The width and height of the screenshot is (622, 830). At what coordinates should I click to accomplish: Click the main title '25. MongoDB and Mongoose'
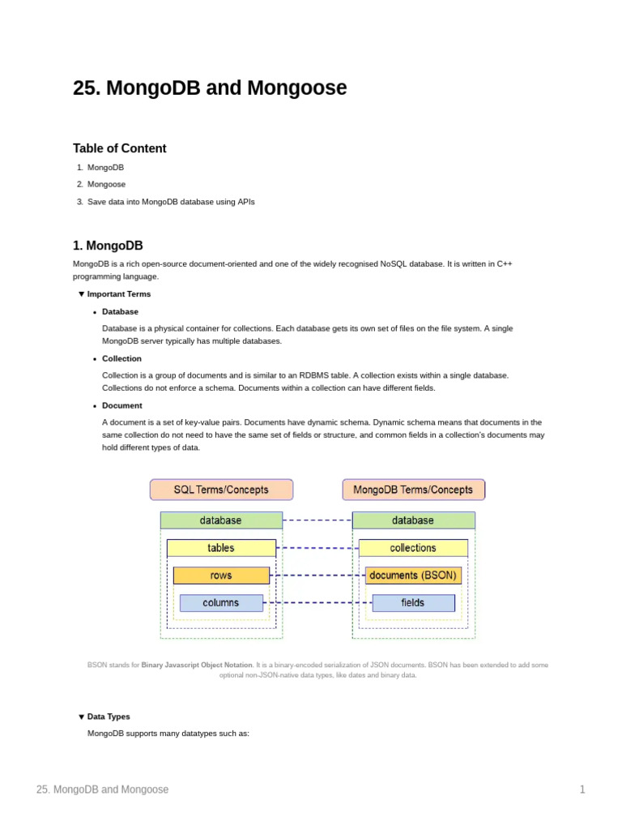pyautogui.click(x=210, y=88)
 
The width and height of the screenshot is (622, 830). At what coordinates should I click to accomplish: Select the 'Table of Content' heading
pyautogui.click(x=119, y=148)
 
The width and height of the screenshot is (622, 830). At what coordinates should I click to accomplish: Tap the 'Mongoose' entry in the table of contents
pyautogui.click(x=106, y=184)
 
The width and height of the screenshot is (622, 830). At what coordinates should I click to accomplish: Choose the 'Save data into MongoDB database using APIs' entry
pyautogui.click(x=171, y=202)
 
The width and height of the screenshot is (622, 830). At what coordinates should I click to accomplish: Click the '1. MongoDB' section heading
pyautogui.click(x=108, y=246)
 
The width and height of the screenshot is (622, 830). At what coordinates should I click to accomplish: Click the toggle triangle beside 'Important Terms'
pyautogui.click(x=81, y=294)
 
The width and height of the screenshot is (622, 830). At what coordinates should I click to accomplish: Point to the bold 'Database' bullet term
pyautogui.click(x=120, y=311)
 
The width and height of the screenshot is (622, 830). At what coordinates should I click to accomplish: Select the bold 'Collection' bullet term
pyautogui.click(x=121, y=358)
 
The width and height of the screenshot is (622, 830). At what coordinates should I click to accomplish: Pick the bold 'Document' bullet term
pyautogui.click(x=121, y=405)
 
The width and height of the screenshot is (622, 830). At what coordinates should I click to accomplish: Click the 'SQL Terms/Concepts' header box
pyautogui.click(x=221, y=490)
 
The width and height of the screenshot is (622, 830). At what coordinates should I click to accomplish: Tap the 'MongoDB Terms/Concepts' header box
pyautogui.click(x=413, y=490)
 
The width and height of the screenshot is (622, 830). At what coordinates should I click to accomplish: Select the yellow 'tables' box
pyautogui.click(x=221, y=548)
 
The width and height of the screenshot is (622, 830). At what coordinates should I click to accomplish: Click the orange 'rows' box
pyautogui.click(x=221, y=575)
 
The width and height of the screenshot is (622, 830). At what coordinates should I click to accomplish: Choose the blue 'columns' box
pyautogui.click(x=221, y=603)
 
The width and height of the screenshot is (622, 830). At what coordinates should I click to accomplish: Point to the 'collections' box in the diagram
pyautogui.click(x=413, y=548)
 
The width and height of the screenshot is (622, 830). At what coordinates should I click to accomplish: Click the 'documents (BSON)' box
pyautogui.click(x=413, y=575)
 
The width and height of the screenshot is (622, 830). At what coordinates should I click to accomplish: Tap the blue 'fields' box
pyautogui.click(x=413, y=603)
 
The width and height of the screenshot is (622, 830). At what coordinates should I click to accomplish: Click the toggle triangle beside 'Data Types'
pyautogui.click(x=81, y=717)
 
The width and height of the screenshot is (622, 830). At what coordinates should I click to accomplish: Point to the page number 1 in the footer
pyautogui.click(x=582, y=789)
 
